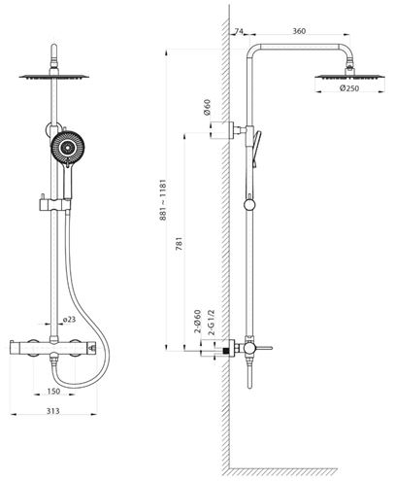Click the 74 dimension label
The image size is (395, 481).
click(239, 31)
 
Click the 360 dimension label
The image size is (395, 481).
click(299, 31)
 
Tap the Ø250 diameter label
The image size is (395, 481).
click(349, 88)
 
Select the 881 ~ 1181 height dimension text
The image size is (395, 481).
click(163, 200)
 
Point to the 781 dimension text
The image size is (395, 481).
click(179, 244)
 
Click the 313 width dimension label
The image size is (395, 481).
click(53, 411)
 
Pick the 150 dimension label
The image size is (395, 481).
click(53, 392)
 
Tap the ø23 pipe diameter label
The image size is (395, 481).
click(69, 320)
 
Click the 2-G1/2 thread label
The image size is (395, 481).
click(212, 323)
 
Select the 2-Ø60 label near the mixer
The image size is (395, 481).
click(197, 322)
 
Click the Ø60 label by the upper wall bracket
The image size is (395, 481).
click(207, 107)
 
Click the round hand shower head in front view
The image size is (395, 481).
click(67, 148)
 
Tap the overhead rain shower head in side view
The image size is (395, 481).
click(350, 77)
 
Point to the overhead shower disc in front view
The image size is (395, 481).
click(54, 77)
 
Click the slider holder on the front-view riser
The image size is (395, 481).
click(55, 205)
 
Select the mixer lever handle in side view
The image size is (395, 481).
click(264, 348)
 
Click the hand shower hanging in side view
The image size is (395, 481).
click(255, 149)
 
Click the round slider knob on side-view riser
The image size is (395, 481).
click(249, 205)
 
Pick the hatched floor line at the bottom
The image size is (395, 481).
click(283, 471)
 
